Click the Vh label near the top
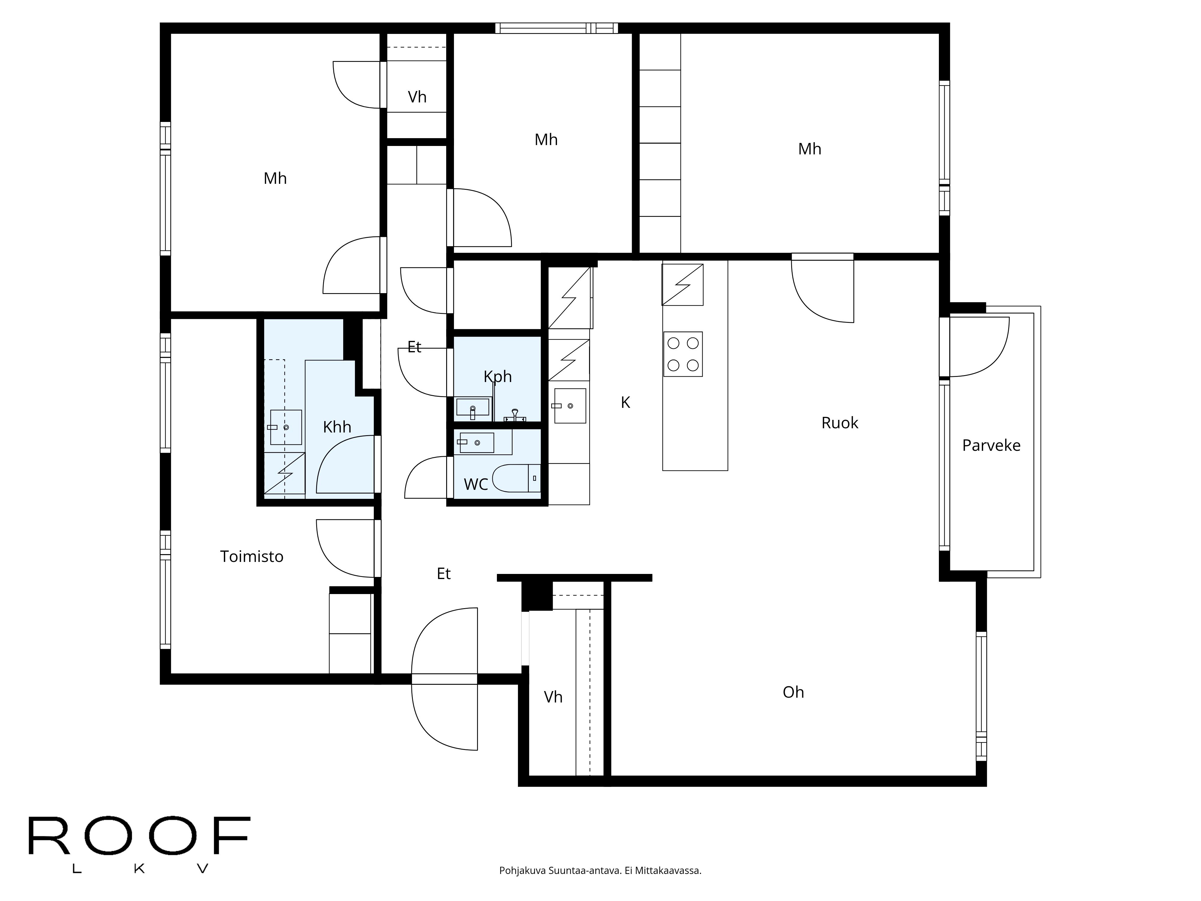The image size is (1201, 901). (417, 97)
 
